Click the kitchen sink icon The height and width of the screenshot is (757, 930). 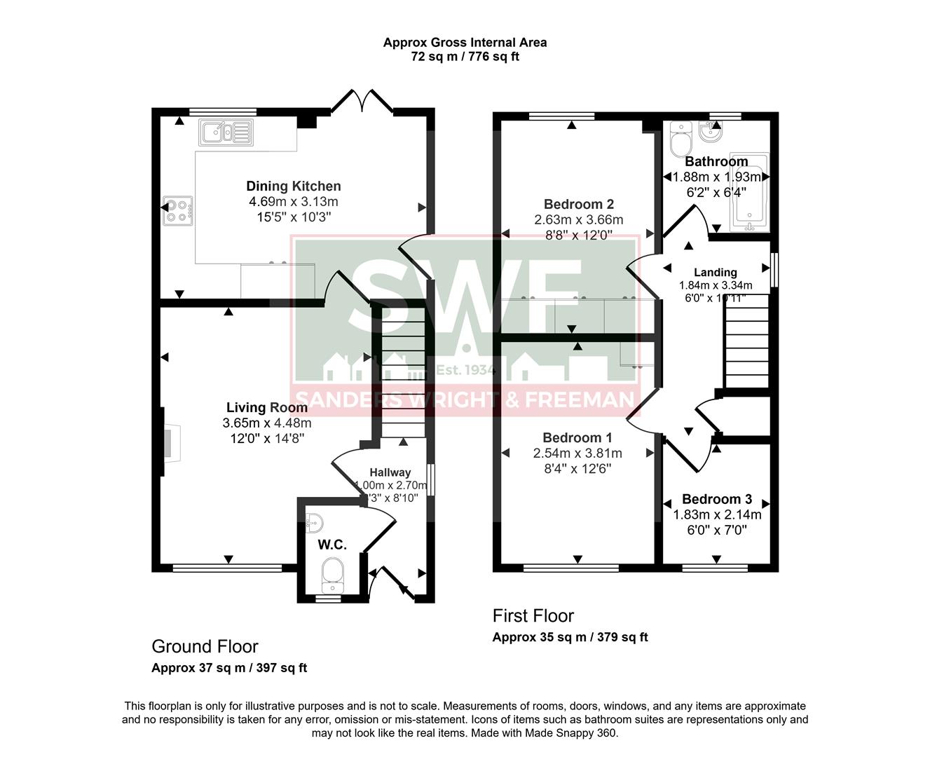click(226, 132)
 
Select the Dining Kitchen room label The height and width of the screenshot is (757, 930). click(294, 186)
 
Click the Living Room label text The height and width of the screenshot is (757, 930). click(267, 407)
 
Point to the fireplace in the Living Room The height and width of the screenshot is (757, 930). click(170, 443)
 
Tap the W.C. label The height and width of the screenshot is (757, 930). click(332, 545)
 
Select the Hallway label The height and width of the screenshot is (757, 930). click(390, 472)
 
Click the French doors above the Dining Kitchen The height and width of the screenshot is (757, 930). click(362, 102)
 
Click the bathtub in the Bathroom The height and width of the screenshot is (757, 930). click(749, 193)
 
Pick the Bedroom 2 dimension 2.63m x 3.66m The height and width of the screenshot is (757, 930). click(578, 219)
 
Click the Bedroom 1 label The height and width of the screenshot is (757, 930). click(577, 438)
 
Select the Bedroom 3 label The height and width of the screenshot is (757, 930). click(717, 499)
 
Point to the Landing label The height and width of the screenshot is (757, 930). click(715, 272)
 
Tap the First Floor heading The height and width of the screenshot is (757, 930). click(533, 616)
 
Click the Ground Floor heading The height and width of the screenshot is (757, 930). click(205, 646)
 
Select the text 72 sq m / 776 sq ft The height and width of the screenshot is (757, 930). click(465, 57)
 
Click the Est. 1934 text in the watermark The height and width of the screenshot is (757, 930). click(465, 369)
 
